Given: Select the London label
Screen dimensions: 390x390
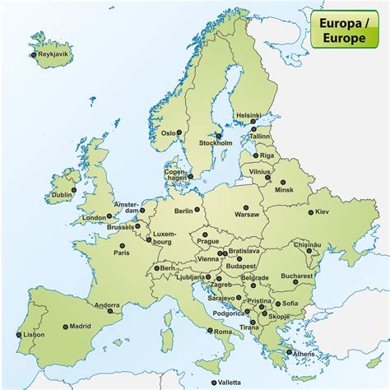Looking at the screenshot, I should coord(93,218).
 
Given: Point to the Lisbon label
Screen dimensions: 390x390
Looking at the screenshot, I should coord(34,335).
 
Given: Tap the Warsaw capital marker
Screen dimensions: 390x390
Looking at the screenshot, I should coord(247,207).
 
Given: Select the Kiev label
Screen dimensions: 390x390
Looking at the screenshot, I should coord(321,211).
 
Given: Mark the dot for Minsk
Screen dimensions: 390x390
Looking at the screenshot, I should coord(284,183).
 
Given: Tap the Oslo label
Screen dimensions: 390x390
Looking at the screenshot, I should coord(169,132).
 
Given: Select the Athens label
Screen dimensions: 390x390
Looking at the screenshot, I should coord(303,353).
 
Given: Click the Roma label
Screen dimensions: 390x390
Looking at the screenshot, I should coord(223,332).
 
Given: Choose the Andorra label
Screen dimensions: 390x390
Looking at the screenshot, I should coord(107,305).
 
